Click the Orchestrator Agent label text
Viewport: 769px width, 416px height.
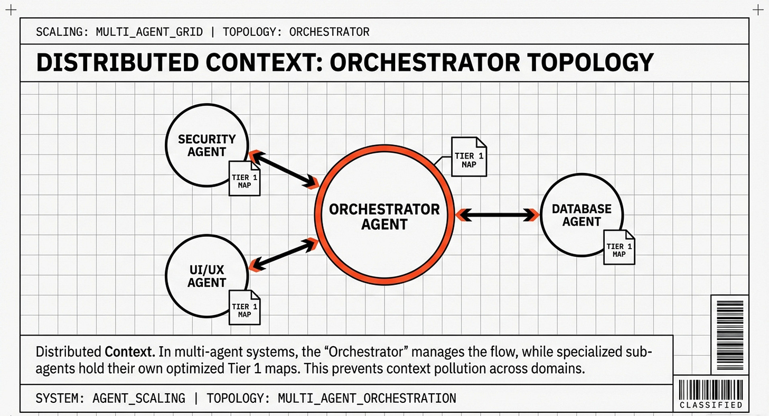pyautogui.click(x=384, y=216)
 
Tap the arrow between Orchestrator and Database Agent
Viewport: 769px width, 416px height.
pyautogui.click(x=497, y=215)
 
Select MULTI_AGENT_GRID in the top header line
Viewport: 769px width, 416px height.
pyautogui.click(x=149, y=32)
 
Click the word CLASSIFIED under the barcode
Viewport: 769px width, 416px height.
pyautogui.click(x=711, y=405)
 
